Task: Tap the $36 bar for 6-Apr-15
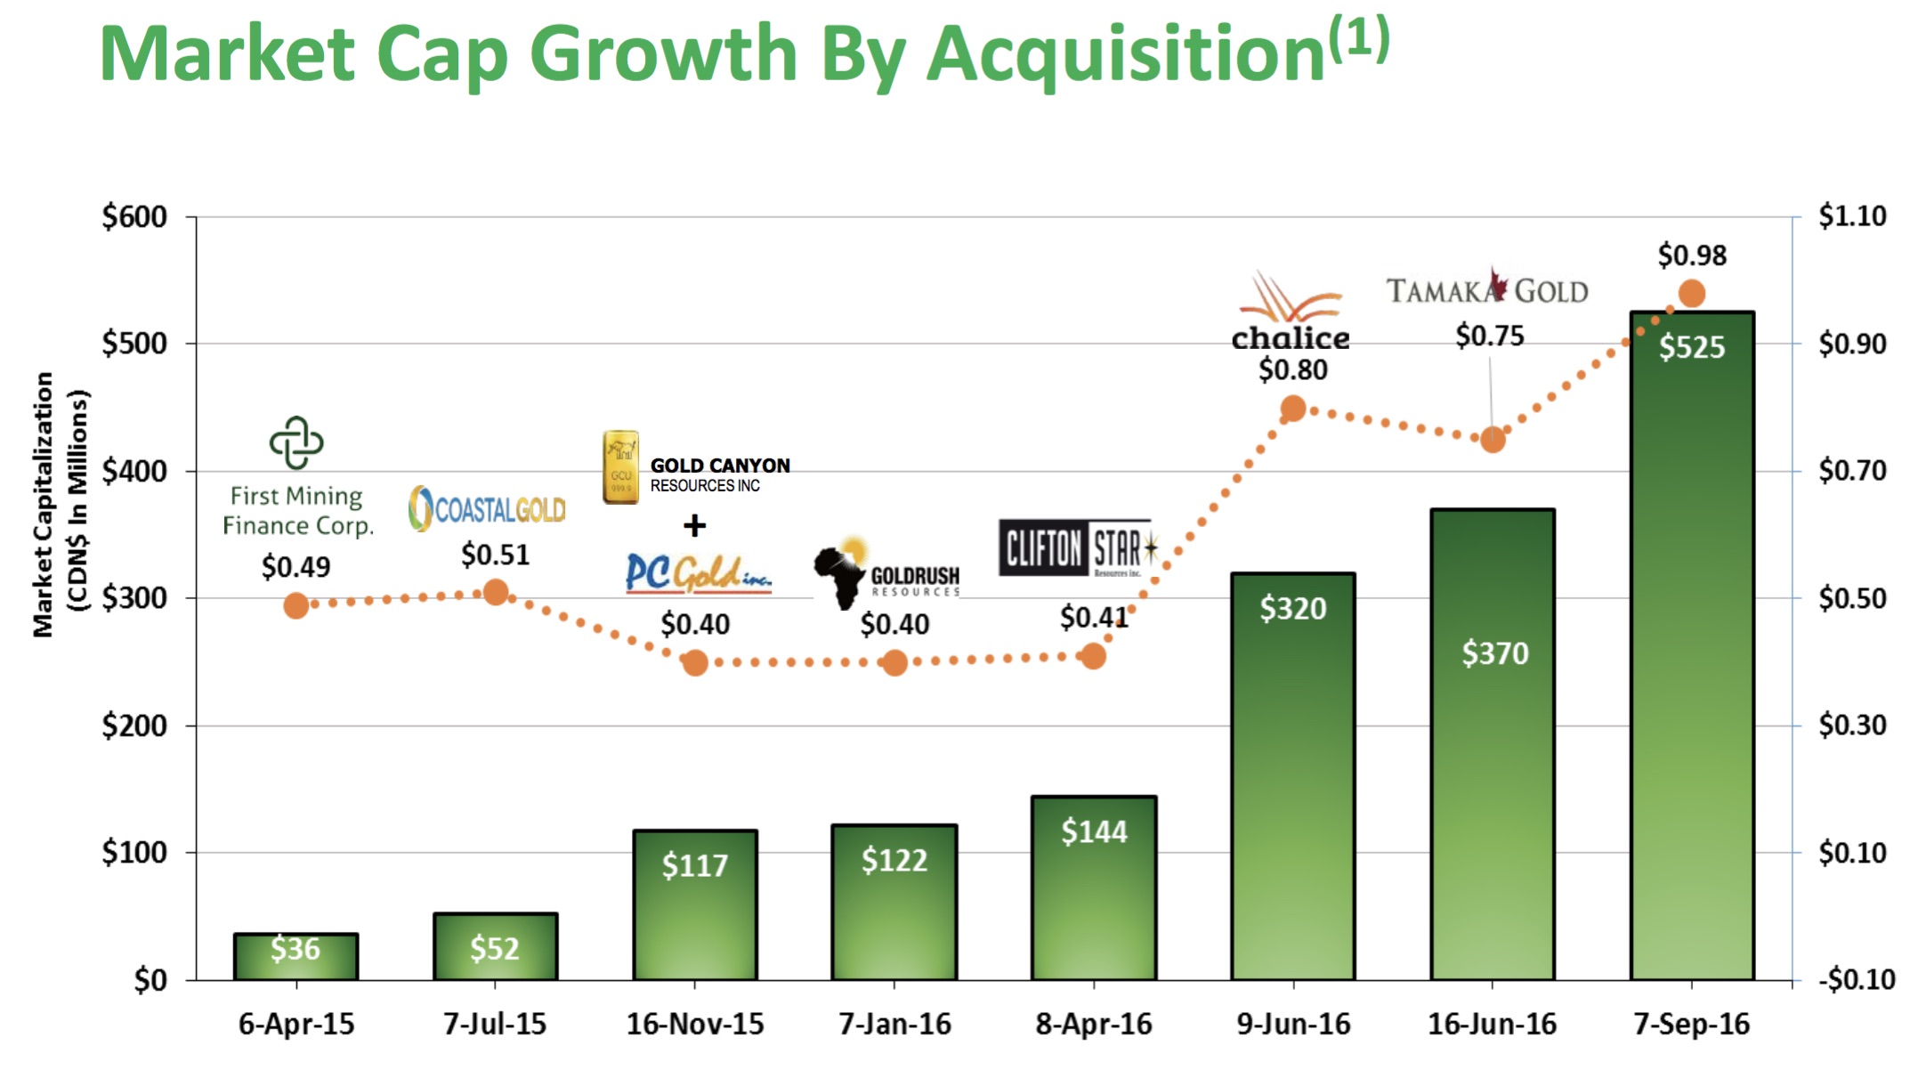(x=295, y=957)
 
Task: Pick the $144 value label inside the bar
(x=1093, y=831)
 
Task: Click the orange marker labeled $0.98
(x=1691, y=293)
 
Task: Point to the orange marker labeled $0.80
(x=1292, y=409)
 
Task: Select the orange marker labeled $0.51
(x=496, y=592)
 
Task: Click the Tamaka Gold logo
(x=1486, y=289)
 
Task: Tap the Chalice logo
(x=1291, y=312)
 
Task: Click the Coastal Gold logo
(x=487, y=509)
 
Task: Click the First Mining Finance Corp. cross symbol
(x=296, y=442)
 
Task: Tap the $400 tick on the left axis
(x=134, y=471)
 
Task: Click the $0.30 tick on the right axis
(x=1851, y=725)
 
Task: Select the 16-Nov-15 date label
(x=694, y=1025)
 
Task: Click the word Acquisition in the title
(x=1126, y=55)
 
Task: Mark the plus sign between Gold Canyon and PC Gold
(x=694, y=525)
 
